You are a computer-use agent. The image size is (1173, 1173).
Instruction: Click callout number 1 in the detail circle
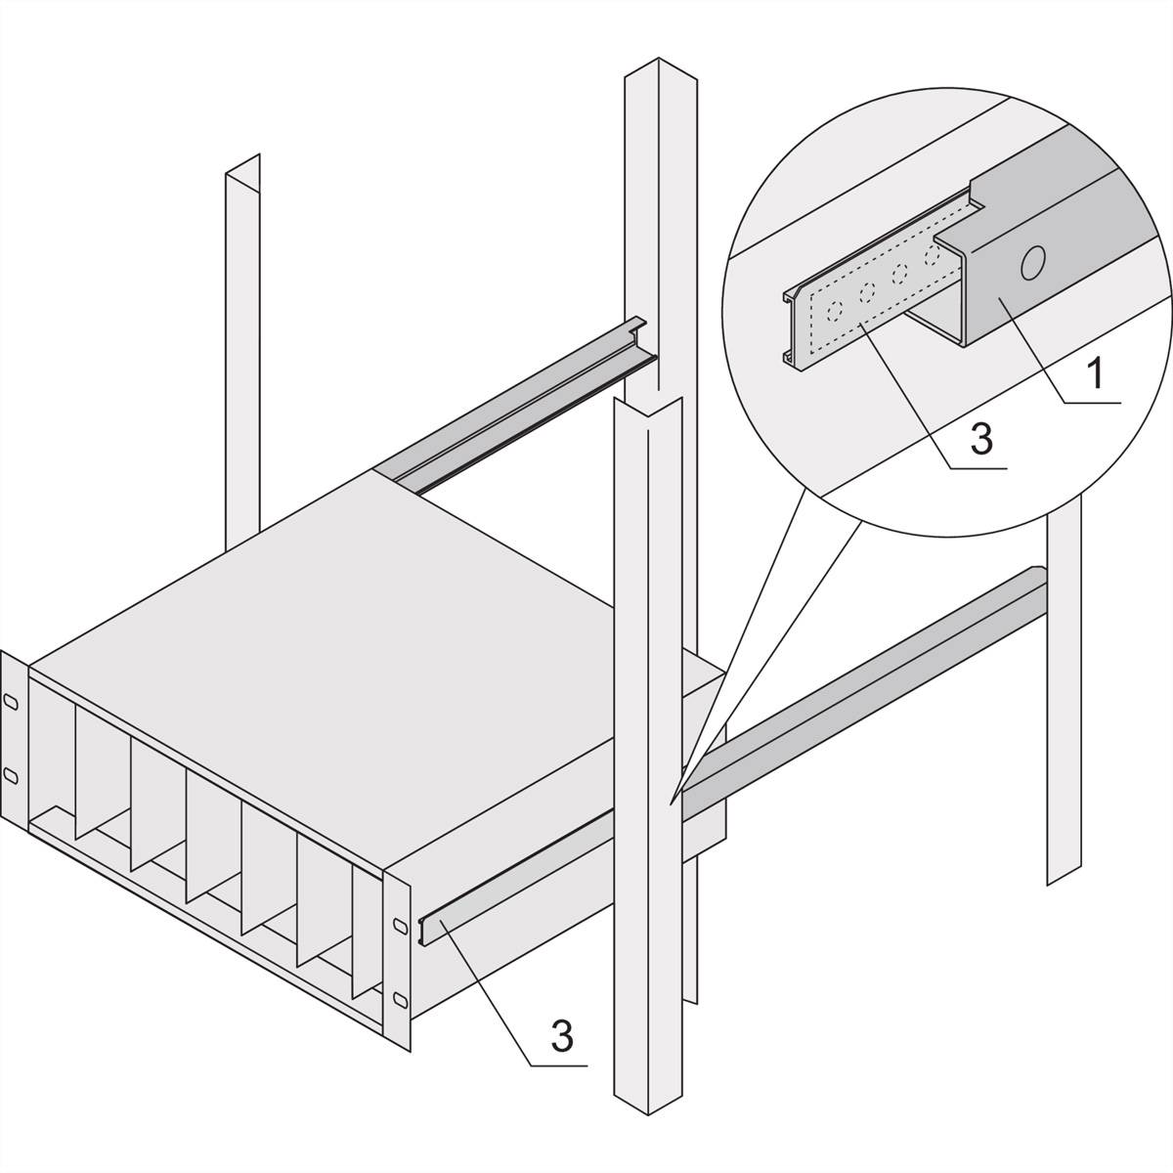tap(1097, 373)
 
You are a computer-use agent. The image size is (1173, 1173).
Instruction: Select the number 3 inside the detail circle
tap(981, 439)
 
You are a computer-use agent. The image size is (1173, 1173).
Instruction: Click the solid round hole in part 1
tap(1032, 262)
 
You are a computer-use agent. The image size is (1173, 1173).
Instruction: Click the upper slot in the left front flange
tap(10, 702)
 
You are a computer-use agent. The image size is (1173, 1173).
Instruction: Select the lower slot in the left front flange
tap(10, 774)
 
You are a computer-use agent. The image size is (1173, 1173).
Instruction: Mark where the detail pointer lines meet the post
tap(673, 800)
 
